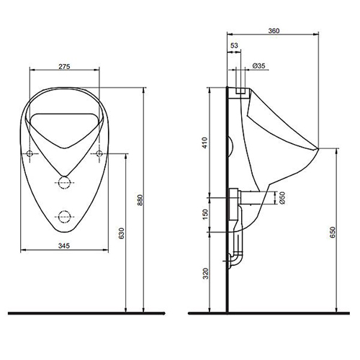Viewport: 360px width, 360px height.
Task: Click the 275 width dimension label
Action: click(64, 66)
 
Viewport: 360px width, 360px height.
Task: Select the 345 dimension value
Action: click(64, 246)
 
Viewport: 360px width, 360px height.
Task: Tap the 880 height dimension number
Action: click(140, 200)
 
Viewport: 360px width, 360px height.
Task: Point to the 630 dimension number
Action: click(122, 233)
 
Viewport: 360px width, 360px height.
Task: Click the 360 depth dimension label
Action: click(274, 31)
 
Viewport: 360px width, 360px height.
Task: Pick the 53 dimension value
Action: click(234, 45)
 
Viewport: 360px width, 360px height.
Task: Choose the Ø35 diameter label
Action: click(259, 66)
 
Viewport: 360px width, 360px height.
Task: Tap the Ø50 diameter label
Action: click(282, 198)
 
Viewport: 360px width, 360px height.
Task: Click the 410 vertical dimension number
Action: click(204, 143)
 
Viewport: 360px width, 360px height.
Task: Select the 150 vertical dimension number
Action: click(205, 215)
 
